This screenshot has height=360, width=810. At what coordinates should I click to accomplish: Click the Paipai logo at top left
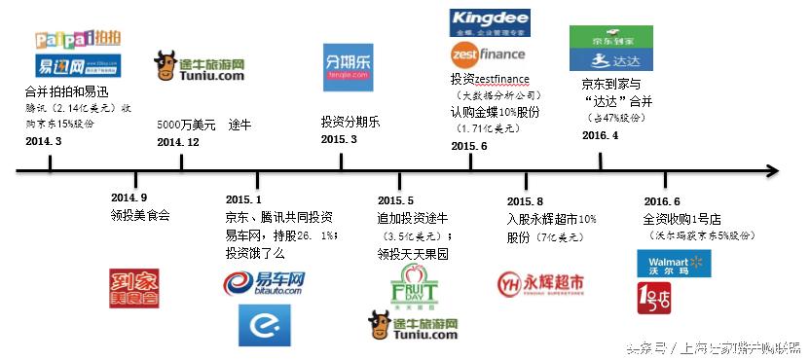77,40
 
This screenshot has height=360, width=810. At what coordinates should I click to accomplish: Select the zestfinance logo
488,54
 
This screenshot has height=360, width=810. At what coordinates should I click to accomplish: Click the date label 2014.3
44,141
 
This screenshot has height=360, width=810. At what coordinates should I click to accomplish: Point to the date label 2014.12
178,141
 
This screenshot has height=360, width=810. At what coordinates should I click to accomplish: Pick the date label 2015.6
468,145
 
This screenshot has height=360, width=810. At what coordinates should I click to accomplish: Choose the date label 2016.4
602,134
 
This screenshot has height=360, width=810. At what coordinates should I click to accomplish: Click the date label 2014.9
129,198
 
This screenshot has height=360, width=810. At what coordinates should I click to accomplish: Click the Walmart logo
667,263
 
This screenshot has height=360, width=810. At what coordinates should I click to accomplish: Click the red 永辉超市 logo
542,283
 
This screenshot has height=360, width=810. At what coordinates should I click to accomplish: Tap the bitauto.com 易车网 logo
264,284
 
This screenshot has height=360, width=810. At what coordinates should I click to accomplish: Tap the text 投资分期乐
350,122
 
